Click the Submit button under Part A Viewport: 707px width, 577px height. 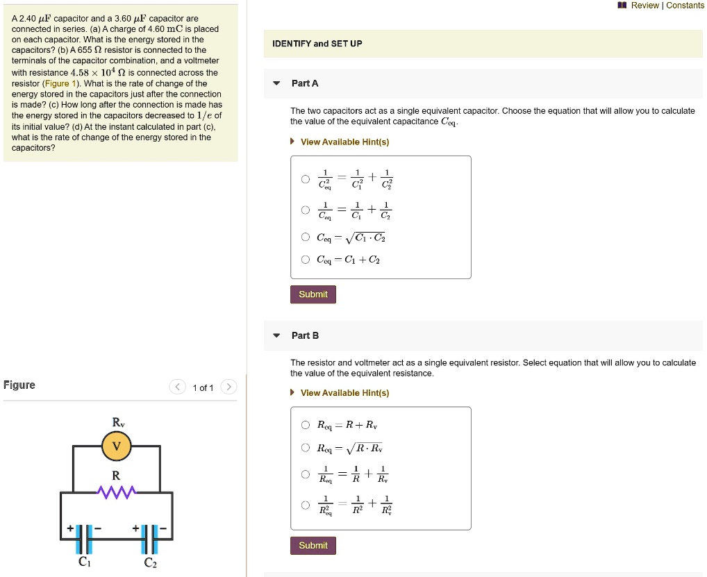313,294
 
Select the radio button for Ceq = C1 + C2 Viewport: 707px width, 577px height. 306,260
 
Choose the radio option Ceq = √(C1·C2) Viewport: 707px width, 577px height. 306,237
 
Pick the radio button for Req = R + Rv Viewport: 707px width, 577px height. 306,426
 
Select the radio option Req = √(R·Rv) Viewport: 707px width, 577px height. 306,448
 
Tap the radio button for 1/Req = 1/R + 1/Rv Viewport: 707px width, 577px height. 306,474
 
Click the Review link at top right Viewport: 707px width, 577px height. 644,6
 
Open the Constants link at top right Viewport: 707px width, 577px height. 685,6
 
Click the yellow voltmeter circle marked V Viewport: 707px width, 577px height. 117,446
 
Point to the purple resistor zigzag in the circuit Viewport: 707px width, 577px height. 117,492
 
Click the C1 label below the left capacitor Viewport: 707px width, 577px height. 84,562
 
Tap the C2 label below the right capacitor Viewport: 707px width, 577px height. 150,562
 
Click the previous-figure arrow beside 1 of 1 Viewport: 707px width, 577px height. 178,387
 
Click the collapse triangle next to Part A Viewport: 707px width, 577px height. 276,83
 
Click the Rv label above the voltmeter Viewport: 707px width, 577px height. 118,422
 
